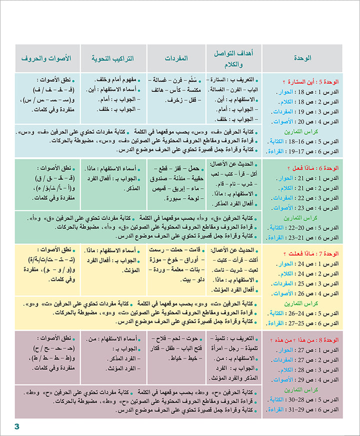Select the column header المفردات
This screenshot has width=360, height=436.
(x=176, y=58)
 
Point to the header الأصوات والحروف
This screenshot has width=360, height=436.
(x=46, y=58)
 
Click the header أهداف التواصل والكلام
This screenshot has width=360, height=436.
(x=233, y=58)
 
